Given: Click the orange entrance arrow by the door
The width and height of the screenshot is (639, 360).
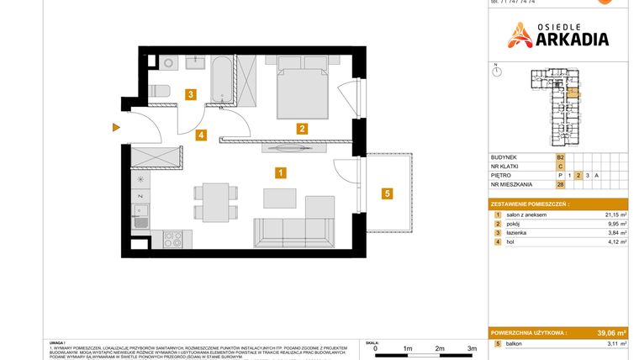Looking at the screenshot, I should pos(116,128).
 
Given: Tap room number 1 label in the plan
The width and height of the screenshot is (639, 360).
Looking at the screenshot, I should pos(281,173).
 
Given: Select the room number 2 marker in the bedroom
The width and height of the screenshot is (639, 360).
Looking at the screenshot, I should pos(301,129).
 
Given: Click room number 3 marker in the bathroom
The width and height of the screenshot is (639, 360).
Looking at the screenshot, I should pos(192,95).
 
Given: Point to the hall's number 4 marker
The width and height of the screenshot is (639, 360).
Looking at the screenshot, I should pos(200,135).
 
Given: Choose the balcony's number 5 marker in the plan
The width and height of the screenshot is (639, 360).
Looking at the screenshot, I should pos(387,194).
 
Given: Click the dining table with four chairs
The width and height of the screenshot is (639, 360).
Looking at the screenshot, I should pos(210,203).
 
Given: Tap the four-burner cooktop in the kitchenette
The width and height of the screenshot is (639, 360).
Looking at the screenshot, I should pos(172,240).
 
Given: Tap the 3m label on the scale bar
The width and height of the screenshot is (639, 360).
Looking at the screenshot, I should pos(472,348).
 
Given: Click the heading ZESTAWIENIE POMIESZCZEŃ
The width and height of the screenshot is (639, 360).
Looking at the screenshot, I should pos(531,204).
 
